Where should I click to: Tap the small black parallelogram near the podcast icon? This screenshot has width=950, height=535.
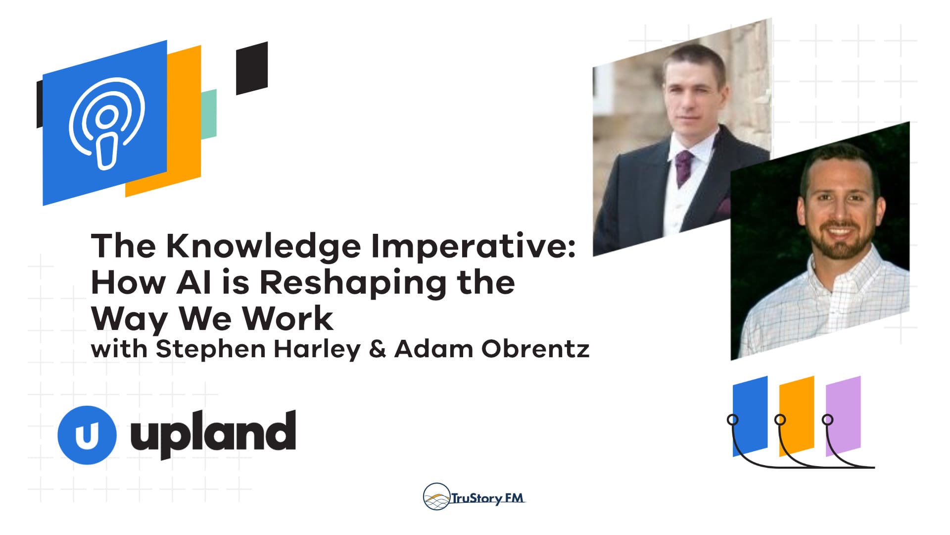click(251, 68)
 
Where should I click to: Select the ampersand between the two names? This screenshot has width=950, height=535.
click(377, 349)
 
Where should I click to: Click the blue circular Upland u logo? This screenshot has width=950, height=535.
click(87, 435)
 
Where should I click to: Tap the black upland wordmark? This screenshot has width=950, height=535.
click(213, 434)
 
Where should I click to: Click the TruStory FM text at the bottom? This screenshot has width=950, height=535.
click(487, 498)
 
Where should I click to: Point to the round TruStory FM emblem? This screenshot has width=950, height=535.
click(436, 497)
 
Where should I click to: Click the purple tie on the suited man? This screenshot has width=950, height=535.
click(684, 166)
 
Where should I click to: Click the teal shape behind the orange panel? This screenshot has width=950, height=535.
click(209, 114)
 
